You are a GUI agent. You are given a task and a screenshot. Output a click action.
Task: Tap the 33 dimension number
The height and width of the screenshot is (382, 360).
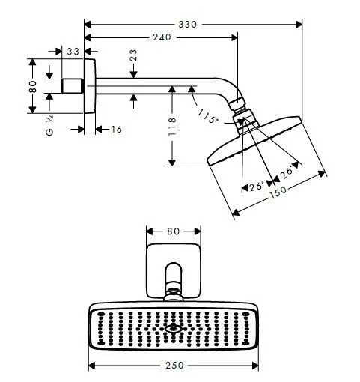[72, 51]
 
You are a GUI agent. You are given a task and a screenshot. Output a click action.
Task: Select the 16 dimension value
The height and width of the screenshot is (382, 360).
[116, 130]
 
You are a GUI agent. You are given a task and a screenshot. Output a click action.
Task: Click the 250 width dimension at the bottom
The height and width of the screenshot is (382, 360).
[174, 366]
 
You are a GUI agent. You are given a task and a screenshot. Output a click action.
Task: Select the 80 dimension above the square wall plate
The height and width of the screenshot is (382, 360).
[173, 231]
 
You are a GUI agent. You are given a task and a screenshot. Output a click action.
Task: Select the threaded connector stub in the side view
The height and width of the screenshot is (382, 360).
[72, 86]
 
